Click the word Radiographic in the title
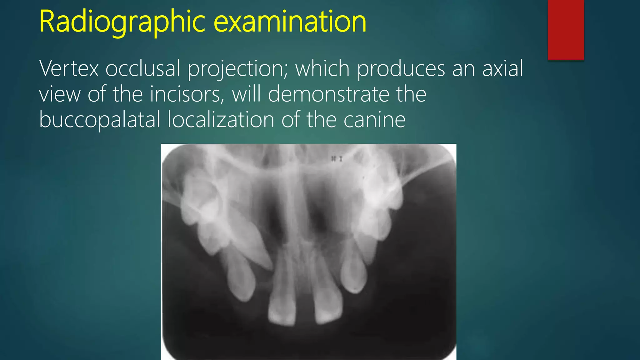pos(122,22)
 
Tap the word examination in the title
pos(291,22)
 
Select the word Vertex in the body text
pos(69,68)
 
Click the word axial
pos(502,68)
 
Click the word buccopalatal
pos(100,120)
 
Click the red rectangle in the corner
pos(566,30)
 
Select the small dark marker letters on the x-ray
pos(337,159)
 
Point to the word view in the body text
pos(60,94)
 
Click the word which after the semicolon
pos(322,68)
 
